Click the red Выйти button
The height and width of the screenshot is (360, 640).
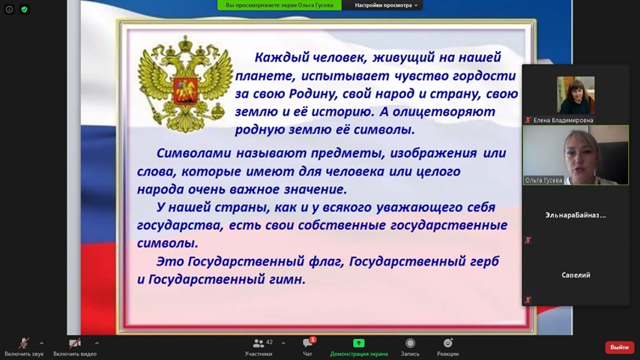click(x=619, y=347)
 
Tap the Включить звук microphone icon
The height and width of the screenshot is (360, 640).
click(x=24, y=343)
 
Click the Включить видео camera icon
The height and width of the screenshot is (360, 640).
click(x=74, y=343)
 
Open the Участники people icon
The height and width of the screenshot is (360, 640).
click(x=259, y=343)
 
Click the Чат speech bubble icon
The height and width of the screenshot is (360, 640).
click(x=308, y=343)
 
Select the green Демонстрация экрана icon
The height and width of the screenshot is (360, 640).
click(x=358, y=343)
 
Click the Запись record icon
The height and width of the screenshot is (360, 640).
click(x=410, y=343)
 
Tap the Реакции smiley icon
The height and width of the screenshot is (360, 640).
click(x=447, y=343)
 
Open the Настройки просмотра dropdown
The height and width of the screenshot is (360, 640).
click(x=386, y=5)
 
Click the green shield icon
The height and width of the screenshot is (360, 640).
click(x=25, y=9)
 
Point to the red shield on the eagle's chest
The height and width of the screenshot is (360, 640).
click(x=185, y=91)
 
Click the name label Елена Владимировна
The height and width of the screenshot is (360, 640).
click(x=563, y=120)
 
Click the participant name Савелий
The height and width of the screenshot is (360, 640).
click(x=576, y=275)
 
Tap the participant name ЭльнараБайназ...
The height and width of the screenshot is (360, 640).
click(x=576, y=215)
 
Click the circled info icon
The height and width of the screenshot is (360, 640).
click(x=10, y=9)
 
